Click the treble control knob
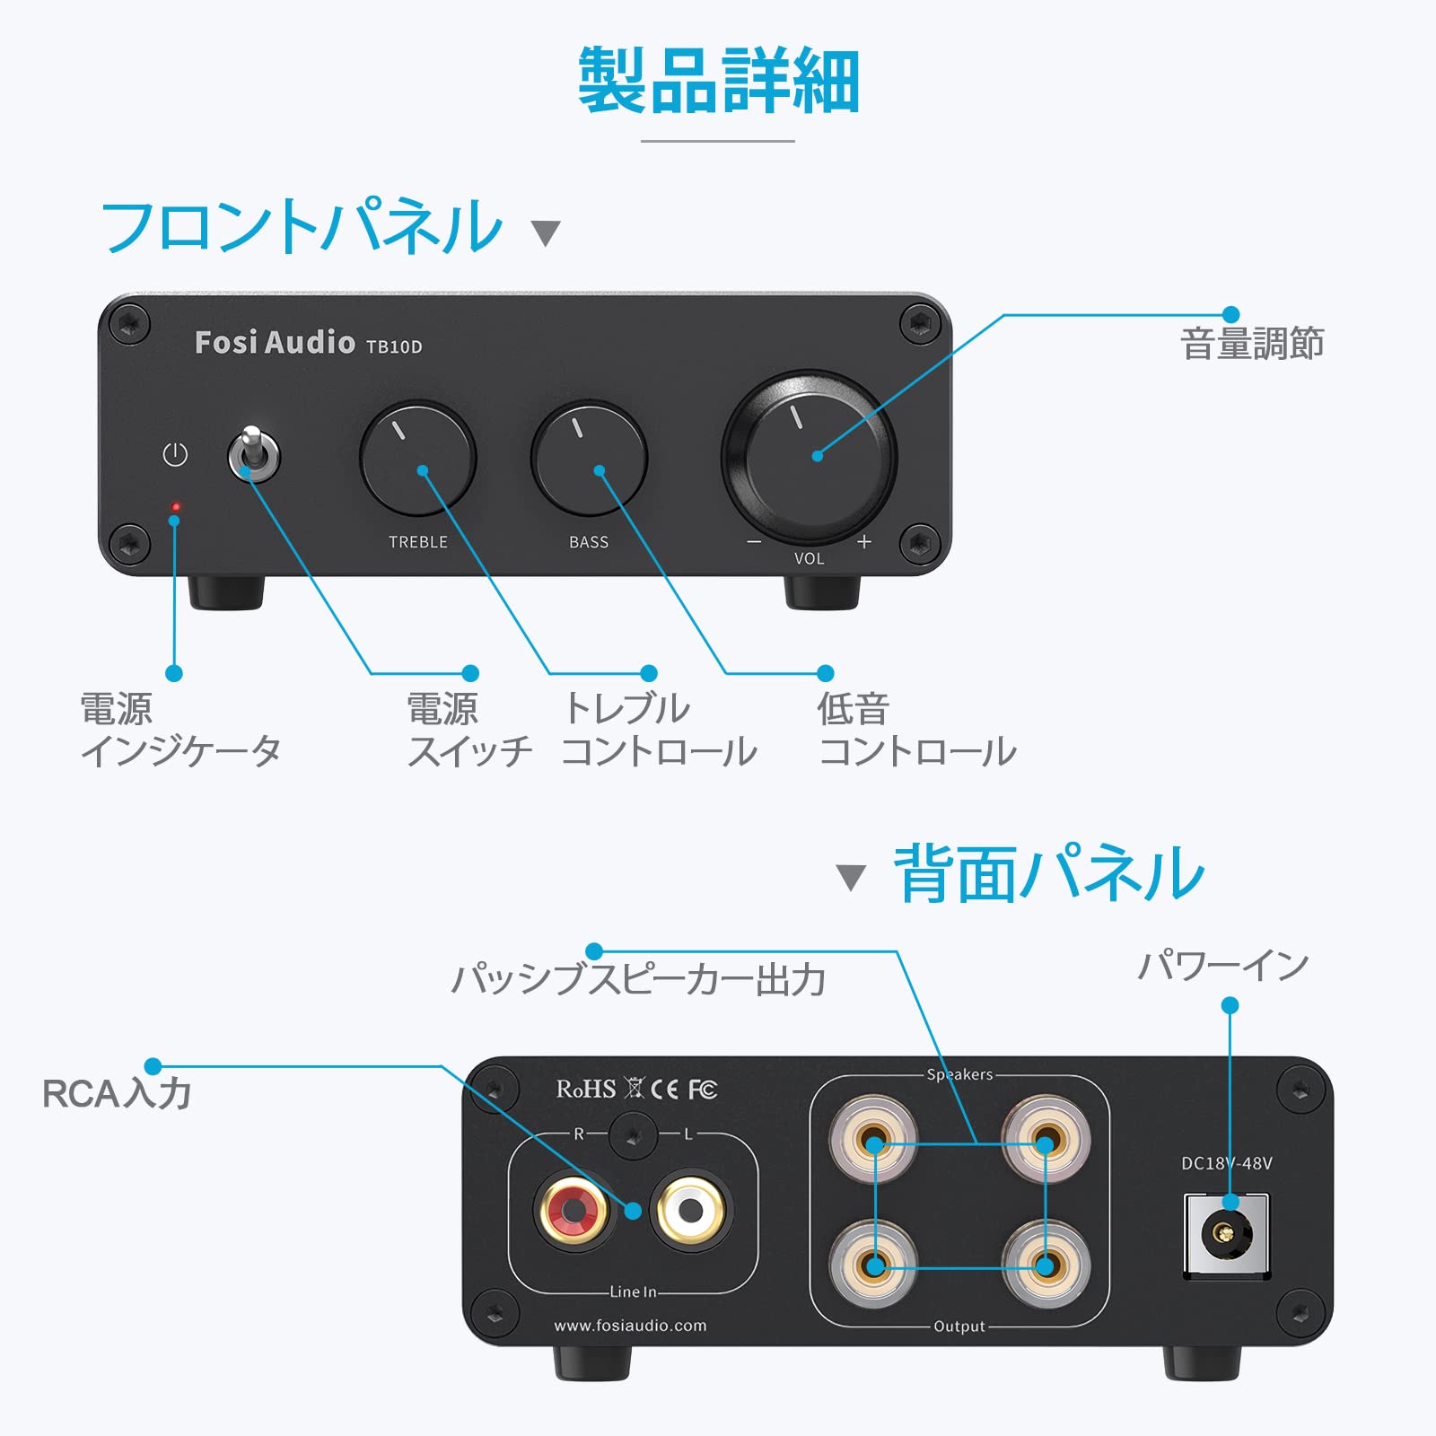point(417,459)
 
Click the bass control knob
point(589,459)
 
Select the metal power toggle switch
point(254,454)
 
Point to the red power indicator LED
point(176,507)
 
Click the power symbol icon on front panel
point(175,454)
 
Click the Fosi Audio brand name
point(275,343)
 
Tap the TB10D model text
point(394,346)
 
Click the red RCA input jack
point(574,1210)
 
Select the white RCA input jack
point(690,1210)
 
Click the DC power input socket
point(1226,1234)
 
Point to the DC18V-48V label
point(1226,1163)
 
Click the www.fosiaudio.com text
point(630,1326)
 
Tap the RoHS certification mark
point(586,1089)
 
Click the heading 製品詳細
point(718,82)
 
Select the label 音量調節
point(1252,344)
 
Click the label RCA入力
point(117,1093)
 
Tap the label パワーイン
point(1223,966)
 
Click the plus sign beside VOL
point(863,541)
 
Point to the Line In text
point(633,1292)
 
